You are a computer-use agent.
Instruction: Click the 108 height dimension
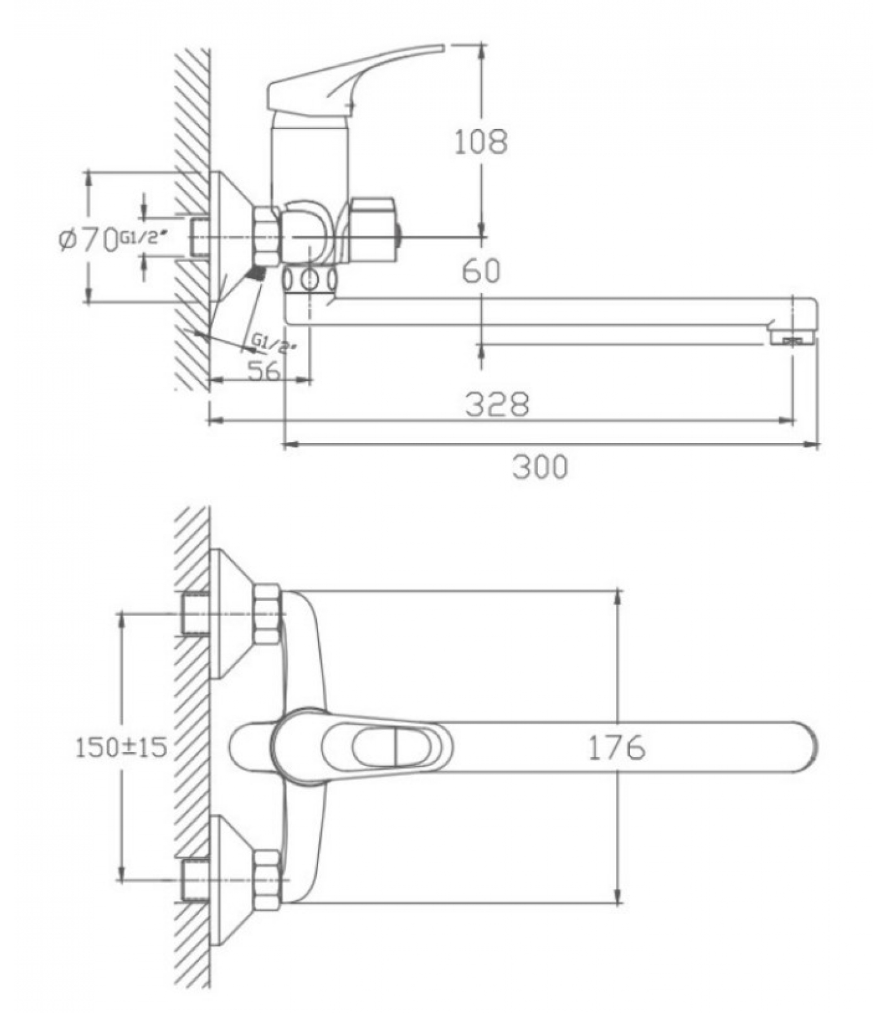(x=481, y=142)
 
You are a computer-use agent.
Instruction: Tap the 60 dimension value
(x=481, y=270)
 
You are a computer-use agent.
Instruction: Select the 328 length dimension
(x=497, y=404)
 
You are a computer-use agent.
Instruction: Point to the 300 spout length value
(x=540, y=467)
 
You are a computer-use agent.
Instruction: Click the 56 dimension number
(x=264, y=370)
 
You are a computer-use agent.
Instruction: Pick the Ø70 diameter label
(x=89, y=239)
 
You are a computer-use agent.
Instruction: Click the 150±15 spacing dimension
(x=122, y=747)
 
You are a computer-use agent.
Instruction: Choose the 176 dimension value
(x=617, y=747)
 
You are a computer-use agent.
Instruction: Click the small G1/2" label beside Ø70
(x=144, y=237)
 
